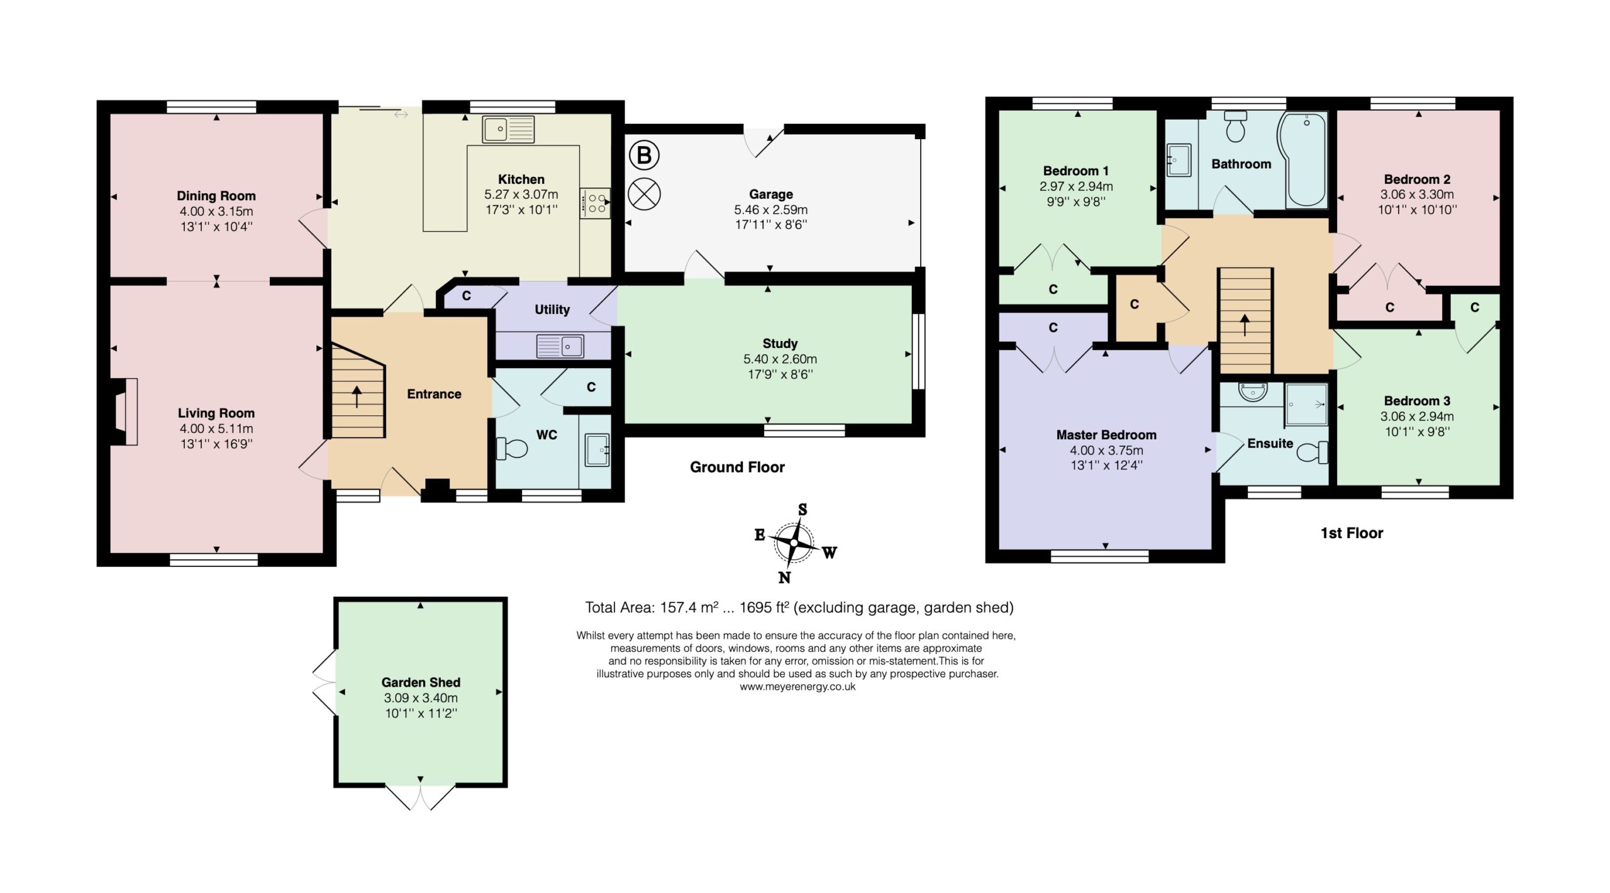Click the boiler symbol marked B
(x=644, y=155)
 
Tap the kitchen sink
(x=508, y=129)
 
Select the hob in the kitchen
(x=595, y=203)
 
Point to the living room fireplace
(x=125, y=412)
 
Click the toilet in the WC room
(x=511, y=449)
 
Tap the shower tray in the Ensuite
(x=1306, y=404)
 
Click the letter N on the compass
(x=784, y=576)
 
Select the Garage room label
(x=770, y=194)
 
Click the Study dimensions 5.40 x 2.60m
(x=780, y=359)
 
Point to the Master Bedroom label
(x=1106, y=435)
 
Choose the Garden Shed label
(x=421, y=682)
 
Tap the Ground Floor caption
(x=737, y=467)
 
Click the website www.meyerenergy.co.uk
(x=797, y=687)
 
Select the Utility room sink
(x=560, y=346)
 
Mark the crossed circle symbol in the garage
(x=644, y=194)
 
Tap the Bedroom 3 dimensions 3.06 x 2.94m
(x=1417, y=416)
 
